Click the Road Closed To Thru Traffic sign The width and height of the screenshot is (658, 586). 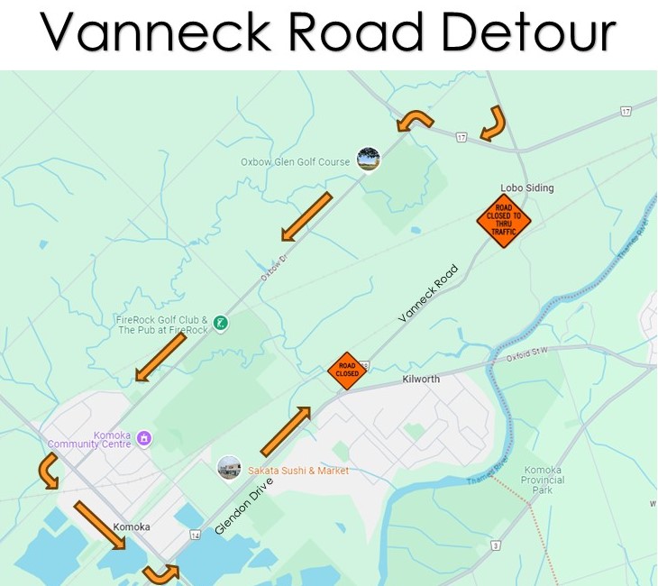[x=504, y=221]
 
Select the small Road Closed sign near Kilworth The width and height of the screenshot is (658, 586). [x=347, y=371]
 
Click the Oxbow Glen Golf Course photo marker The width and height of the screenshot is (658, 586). [x=368, y=160]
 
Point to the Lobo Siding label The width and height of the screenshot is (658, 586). [x=526, y=188]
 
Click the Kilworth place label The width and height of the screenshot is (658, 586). [x=421, y=380]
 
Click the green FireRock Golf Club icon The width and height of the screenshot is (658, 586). [x=220, y=323]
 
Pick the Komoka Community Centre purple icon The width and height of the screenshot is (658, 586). [x=144, y=439]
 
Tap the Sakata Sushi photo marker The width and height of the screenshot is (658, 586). [x=229, y=468]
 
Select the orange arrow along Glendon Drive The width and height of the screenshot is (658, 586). [x=286, y=431]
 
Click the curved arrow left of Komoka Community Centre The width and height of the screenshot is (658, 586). [x=48, y=470]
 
